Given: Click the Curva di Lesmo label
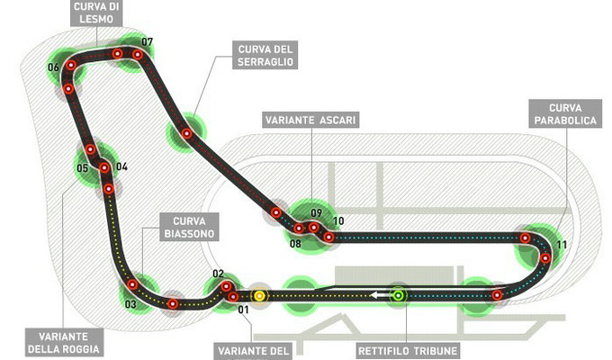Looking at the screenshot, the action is click(x=96, y=13).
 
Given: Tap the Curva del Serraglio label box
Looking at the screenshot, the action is click(x=265, y=55).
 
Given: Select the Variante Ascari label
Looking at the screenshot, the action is click(x=310, y=120).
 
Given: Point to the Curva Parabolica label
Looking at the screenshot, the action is click(x=565, y=113).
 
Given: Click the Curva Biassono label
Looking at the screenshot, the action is click(x=189, y=227).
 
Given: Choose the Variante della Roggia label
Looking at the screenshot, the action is click(x=64, y=342).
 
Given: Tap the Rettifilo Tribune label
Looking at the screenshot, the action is click(x=408, y=351).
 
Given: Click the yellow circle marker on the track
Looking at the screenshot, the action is click(x=259, y=296).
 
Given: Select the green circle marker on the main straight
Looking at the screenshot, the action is click(x=398, y=295).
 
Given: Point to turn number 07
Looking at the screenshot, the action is click(x=147, y=41).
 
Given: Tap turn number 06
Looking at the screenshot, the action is click(x=53, y=67).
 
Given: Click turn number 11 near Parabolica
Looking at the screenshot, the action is click(x=562, y=245).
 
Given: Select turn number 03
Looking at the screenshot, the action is click(x=130, y=304).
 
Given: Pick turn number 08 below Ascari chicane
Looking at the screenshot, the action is click(x=295, y=244).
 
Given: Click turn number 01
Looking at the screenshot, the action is click(x=243, y=310).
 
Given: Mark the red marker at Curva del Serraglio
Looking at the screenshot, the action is click(x=186, y=133).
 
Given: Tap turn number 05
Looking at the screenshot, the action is click(x=83, y=168).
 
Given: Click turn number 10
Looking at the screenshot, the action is click(x=338, y=221).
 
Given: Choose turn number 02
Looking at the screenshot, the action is click(x=218, y=274).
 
